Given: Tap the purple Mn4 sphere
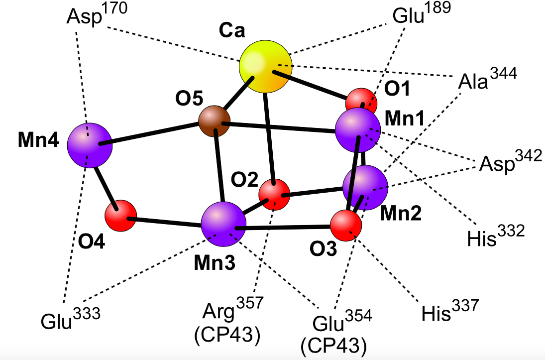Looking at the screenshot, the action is pyautogui.click(x=90, y=145).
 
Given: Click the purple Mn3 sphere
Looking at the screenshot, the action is pyautogui.click(x=224, y=225).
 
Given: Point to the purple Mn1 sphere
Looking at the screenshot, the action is pyautogui.click(x=358, y=130).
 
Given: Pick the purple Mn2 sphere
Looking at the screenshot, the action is pyautogui.click(x=365, y=188).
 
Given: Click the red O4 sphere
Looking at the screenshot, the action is pyautogui.click(x=121, y=216).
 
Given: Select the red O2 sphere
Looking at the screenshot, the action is pyautogui.click(x=275, y=194).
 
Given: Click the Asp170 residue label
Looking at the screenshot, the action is pyautogui.click(x=97, y=14).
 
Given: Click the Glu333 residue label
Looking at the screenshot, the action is pyautogui.click(x=71, y=318).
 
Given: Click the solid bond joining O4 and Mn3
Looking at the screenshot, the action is pyautogui.click(x=177, y=223).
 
